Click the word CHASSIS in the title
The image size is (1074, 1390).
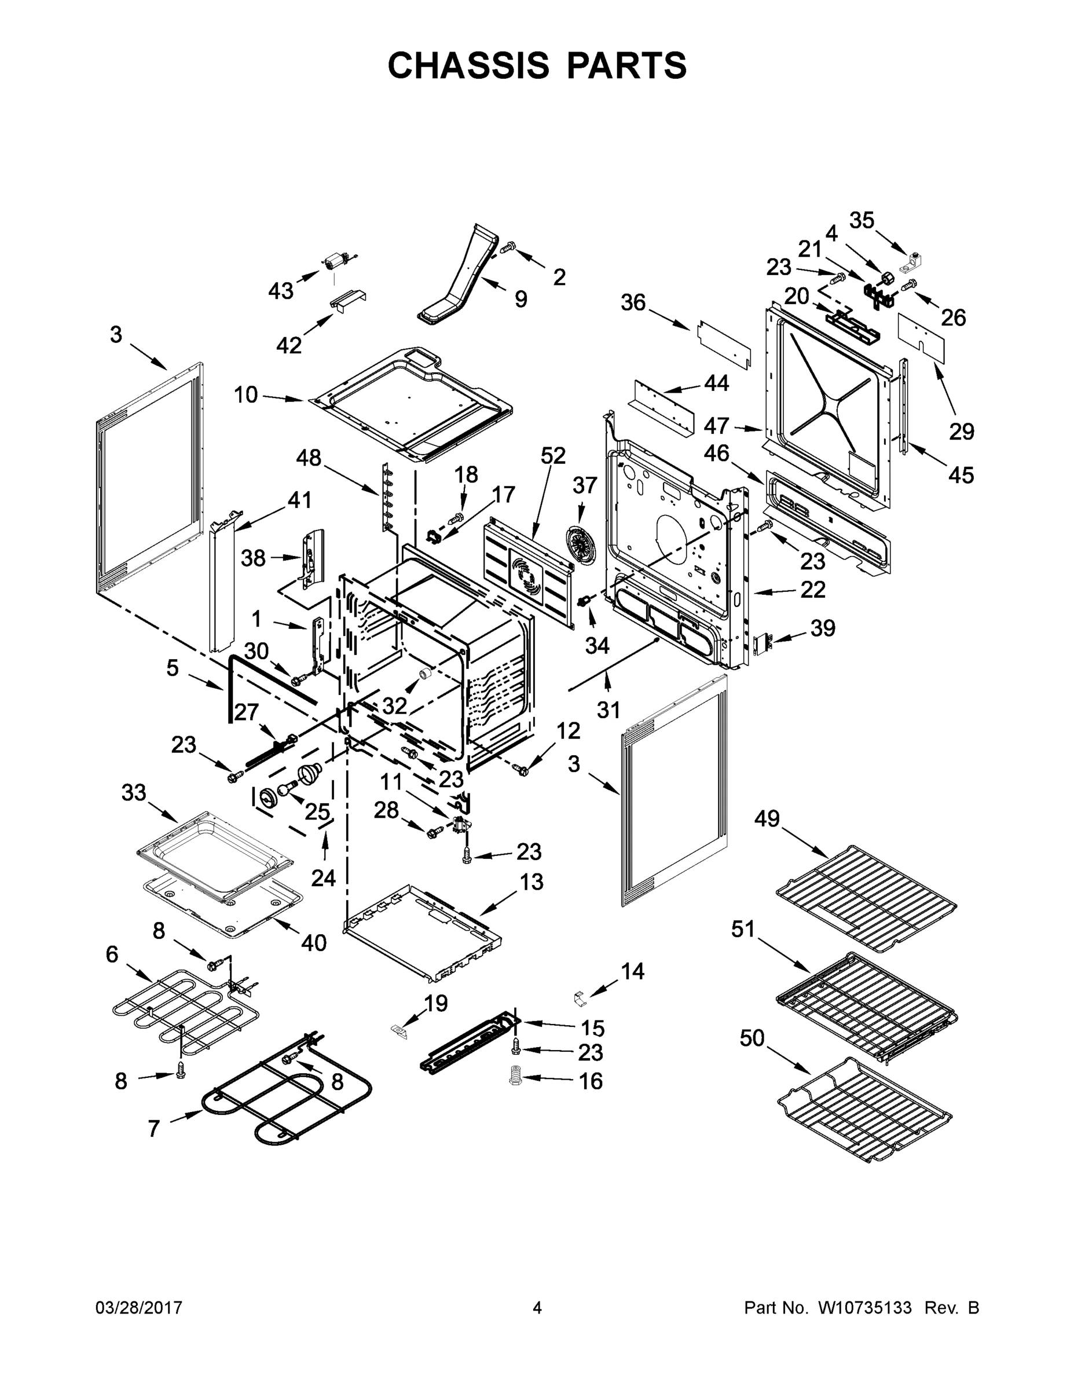click(468, 65)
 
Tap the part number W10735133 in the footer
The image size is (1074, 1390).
click(864, 1308)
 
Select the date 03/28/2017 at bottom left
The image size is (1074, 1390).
click(139, 1308)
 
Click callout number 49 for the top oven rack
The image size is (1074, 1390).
click(767, 818)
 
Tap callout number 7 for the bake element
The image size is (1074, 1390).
click(153, 1129)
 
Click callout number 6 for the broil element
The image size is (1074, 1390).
click(112, 954)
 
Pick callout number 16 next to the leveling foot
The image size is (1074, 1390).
click(591, 1081)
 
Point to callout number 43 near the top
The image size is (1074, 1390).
click(281, 291)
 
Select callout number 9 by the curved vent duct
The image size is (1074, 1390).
click(520, 298)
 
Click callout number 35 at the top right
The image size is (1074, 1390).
click(862, 220)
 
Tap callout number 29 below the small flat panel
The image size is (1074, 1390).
click(961, 431)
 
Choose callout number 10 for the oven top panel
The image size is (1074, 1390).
click(245, 394)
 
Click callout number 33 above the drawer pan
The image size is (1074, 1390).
click(134, 793)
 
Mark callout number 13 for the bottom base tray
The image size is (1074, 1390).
click(531, 882)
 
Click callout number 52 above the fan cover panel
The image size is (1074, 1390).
click(553, 456)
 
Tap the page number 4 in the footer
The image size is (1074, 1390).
click(537, 1308)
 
